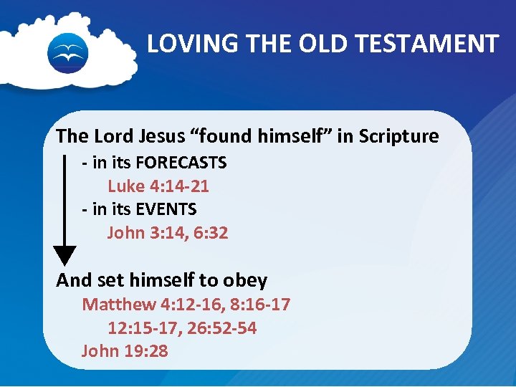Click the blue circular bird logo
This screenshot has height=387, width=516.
[67, 53]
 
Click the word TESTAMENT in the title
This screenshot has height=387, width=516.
[441, 44]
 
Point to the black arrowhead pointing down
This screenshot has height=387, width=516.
[65, 255]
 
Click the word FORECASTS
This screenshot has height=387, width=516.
[181, 163]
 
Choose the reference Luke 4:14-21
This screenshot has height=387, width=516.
[158, 186]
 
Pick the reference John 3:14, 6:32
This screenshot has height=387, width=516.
[168, 232]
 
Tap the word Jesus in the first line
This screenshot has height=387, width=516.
[161, 135]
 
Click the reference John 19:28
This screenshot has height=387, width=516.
[125, 350]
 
